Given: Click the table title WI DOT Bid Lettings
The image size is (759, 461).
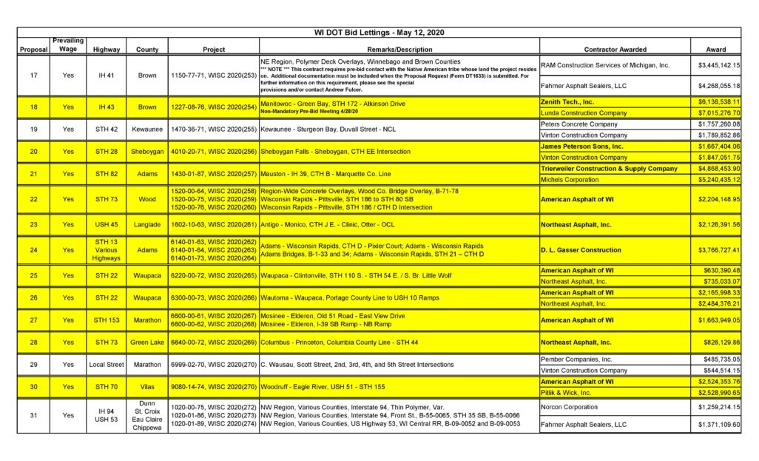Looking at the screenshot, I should [x=379, y=33].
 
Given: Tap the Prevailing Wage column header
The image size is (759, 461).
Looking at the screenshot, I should [x=68, y=44].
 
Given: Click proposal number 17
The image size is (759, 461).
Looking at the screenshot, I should [x=33, y=75].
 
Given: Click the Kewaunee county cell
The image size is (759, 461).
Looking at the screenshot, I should [x=147, y=129].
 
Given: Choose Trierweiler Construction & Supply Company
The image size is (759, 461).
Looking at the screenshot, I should [x=610, y=169].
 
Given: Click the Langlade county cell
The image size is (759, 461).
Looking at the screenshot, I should [x=147, y=224].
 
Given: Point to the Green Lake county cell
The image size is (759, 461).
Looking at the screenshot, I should [x=147, y=343].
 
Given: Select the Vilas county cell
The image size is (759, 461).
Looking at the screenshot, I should [x=147, y=387].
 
